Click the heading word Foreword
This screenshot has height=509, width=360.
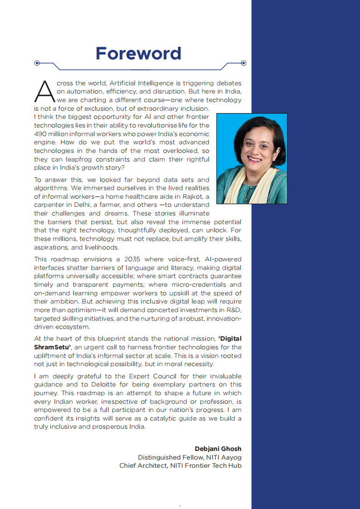point(138,54)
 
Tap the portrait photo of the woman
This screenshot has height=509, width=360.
point(252,158)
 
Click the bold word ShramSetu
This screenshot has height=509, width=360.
point(50,347)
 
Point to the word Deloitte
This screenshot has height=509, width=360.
point(99,385)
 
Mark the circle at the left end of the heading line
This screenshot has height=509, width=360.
point(37,63)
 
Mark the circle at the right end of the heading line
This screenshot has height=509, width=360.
point(243,63)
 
